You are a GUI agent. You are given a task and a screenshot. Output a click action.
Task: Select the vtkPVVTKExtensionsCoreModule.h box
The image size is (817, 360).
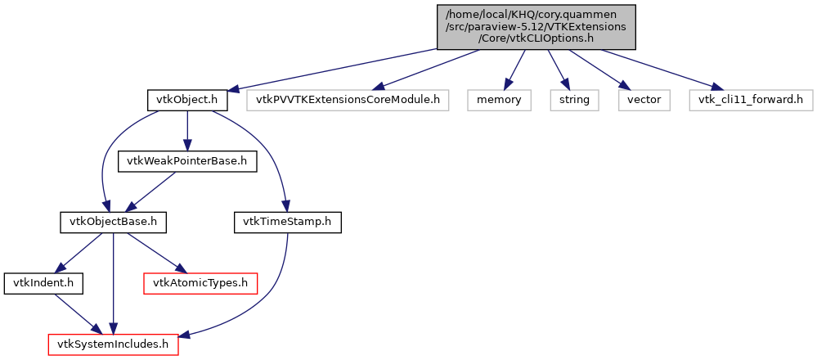tap(348, 101)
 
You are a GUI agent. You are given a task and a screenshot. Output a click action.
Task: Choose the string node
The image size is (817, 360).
tap(573, 101)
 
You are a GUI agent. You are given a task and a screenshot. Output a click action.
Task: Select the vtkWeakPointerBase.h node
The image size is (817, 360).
tap(187, 161)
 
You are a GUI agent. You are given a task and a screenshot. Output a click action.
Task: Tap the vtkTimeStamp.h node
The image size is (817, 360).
tap(288, 222)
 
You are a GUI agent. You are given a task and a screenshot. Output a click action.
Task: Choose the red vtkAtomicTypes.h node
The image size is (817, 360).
tap(200, 283)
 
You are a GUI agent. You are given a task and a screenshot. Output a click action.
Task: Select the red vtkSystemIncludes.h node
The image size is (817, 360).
tap(113, 344)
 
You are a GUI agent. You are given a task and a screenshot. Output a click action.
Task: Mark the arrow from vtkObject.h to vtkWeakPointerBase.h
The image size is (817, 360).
tap(187, 131)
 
